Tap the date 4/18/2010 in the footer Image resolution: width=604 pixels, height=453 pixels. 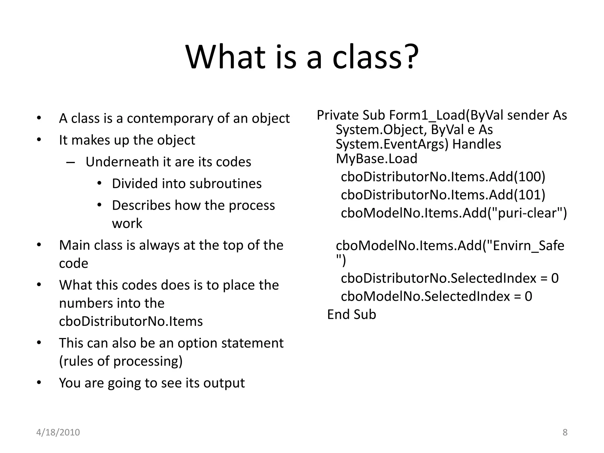(58, 432)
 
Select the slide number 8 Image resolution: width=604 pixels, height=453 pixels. (565, 432)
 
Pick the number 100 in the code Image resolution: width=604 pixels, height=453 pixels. (529, 177)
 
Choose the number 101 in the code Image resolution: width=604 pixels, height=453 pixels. (529, 195)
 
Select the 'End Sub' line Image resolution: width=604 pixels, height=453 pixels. (352, 315)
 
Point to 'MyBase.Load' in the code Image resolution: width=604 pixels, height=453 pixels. (377, 159)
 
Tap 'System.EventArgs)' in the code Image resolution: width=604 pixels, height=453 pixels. (392, 144)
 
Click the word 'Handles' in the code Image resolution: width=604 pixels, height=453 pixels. (477, 144)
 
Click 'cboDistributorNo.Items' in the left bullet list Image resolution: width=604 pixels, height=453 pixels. (131, 321)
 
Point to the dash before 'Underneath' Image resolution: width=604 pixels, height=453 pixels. (71, 162)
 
